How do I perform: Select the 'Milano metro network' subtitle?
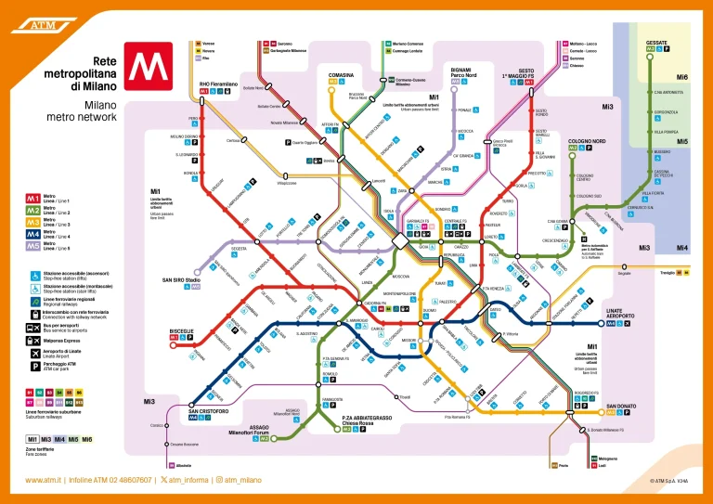(x=82, y=110)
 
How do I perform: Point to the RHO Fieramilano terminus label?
(x=218, y=84)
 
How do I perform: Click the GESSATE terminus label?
(x=656, y=43)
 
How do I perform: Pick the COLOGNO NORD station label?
(x=587, y=142)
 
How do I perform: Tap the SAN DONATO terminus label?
(x=622, y=407)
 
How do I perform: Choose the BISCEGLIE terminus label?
(x=182, y=330)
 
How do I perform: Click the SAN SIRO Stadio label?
(x=181, y=279)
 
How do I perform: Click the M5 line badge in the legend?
(x=32, y=247)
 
